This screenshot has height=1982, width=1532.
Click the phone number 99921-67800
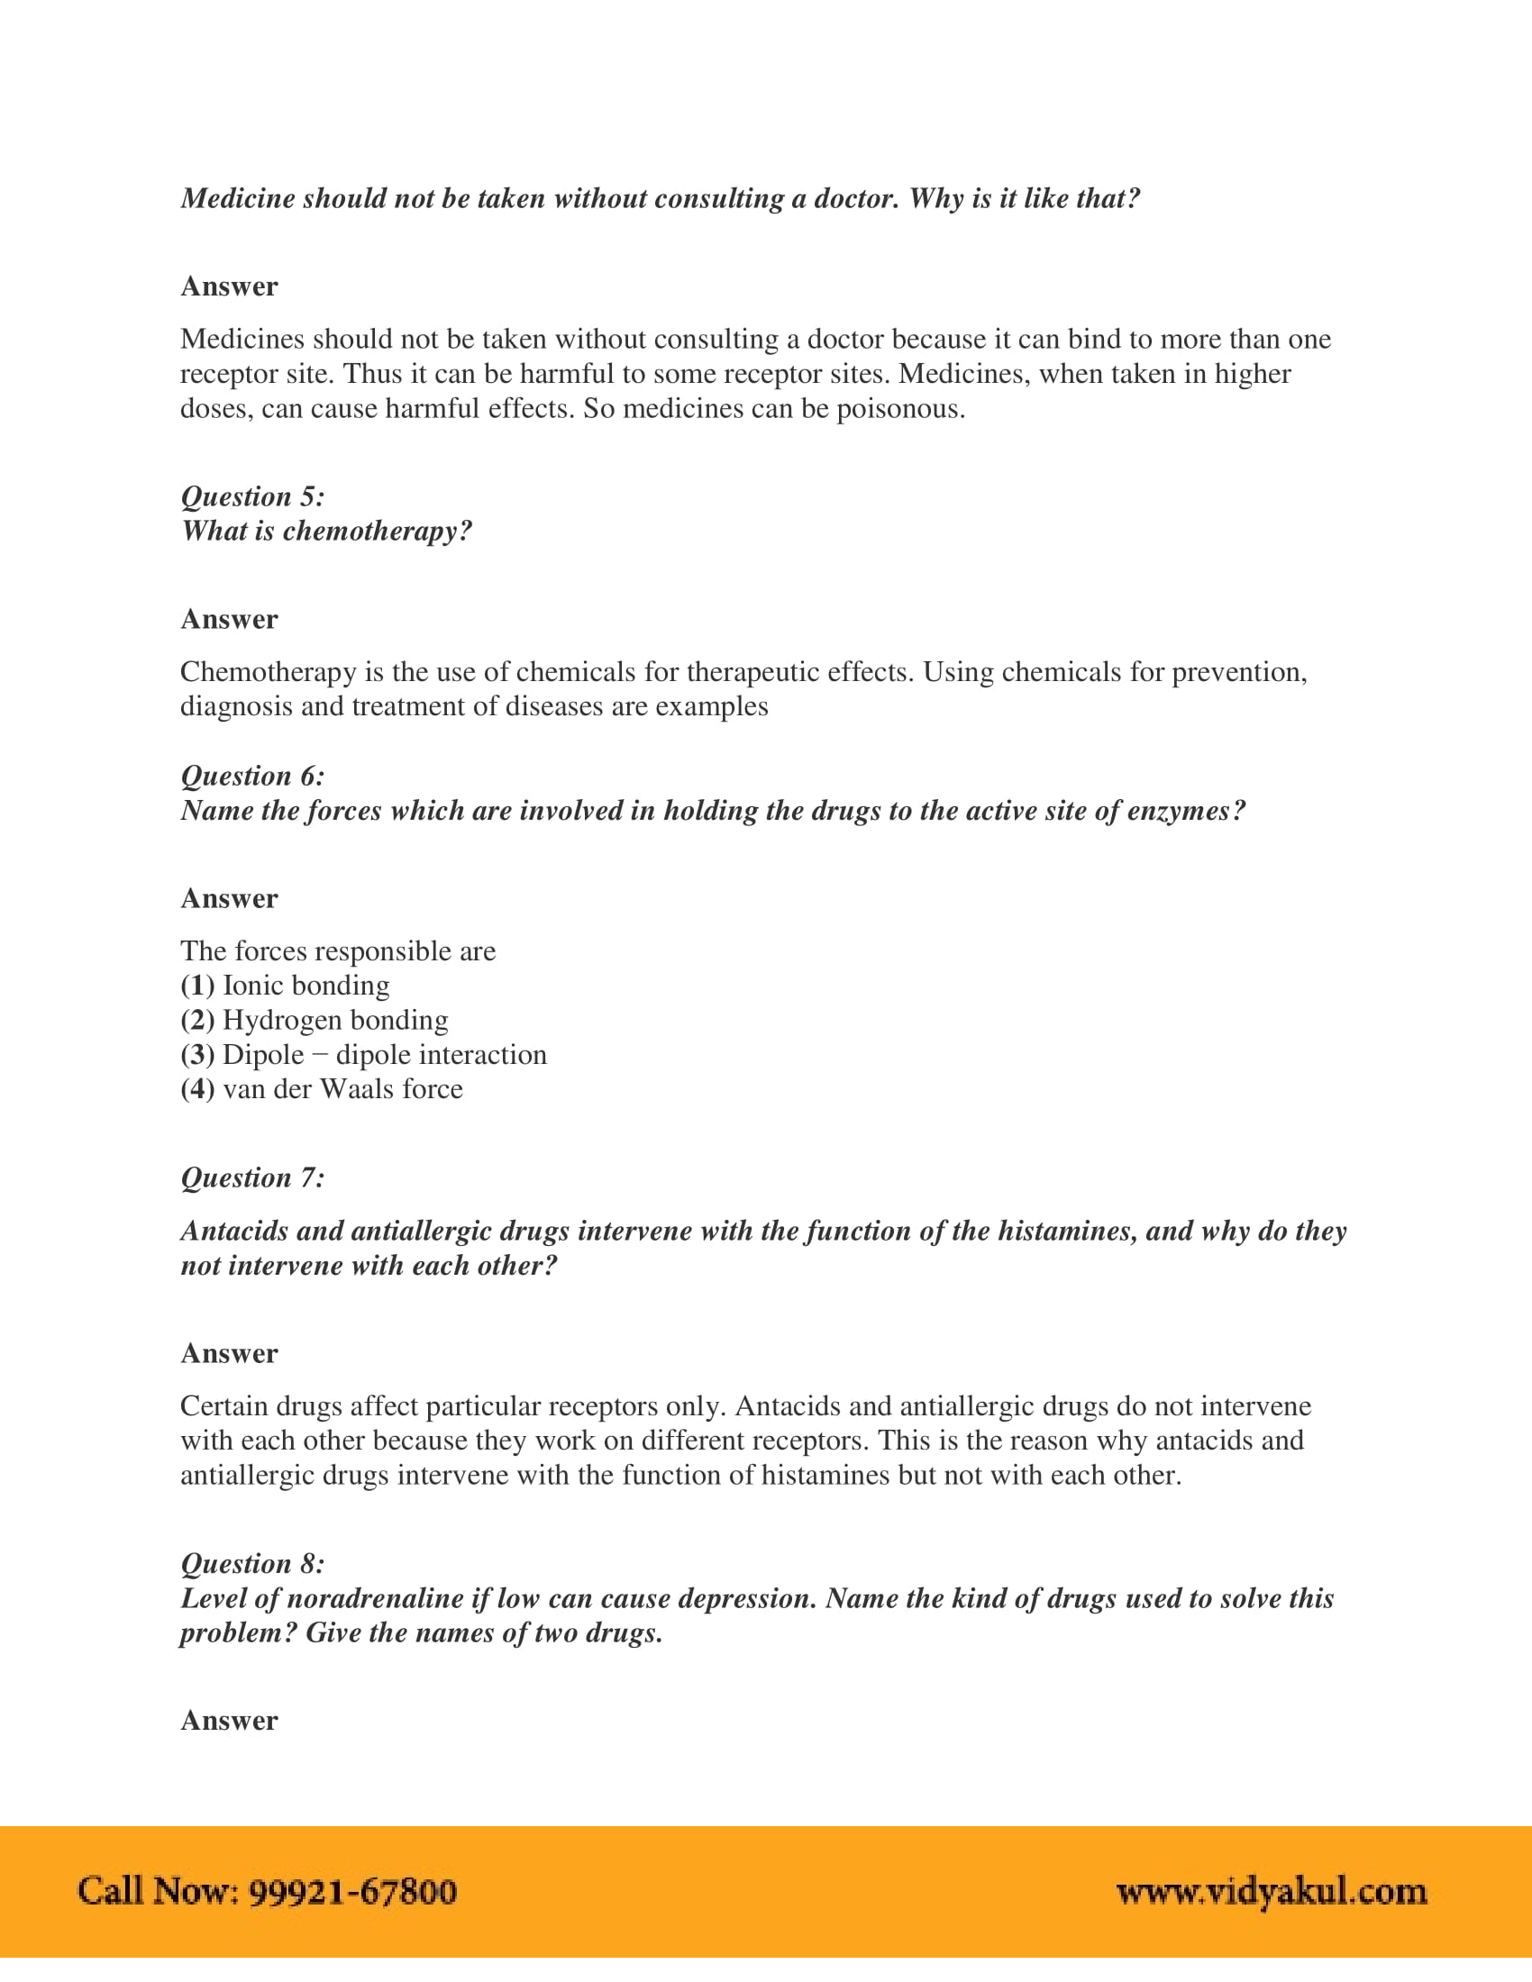352,1891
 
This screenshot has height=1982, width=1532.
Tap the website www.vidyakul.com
1272,1891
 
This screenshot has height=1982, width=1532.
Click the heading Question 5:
252,496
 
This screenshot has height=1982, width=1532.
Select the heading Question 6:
252,776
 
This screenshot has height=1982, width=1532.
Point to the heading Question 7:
252,1178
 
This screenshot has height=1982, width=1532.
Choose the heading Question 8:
252,1564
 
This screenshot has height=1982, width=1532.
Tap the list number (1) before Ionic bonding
197,986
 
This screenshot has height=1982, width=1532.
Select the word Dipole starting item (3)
263,1055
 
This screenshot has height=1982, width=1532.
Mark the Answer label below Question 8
229,1721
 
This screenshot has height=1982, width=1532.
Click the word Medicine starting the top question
238,199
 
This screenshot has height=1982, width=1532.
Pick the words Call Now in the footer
158,1891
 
